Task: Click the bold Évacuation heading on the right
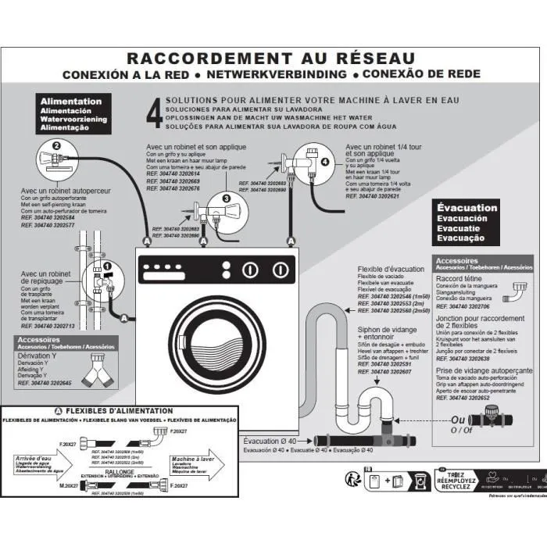pos(467,208)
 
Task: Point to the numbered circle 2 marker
pos(56,146)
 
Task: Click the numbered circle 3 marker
pos(226,199)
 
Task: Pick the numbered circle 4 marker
pos(325,162)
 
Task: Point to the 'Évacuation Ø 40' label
pos(269,441)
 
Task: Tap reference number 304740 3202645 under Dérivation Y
pos(45,383)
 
